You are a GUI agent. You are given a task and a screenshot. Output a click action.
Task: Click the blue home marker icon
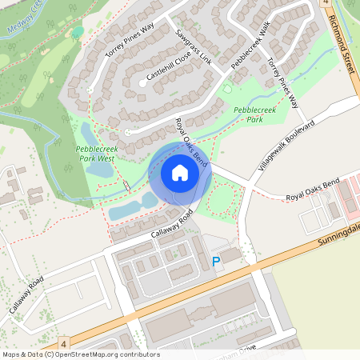(179, 173)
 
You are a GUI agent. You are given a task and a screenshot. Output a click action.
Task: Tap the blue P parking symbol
(215, 262)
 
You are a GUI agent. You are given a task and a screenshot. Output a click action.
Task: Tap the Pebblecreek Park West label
(95, 154)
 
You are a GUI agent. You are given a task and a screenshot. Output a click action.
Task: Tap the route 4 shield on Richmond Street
(326, 4)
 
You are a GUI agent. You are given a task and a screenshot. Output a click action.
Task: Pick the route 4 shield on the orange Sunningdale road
(63, 342)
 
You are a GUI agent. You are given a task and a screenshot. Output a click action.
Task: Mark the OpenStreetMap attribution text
(80, 354)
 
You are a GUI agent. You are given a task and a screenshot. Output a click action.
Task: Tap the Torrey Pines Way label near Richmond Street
(282, 83)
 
